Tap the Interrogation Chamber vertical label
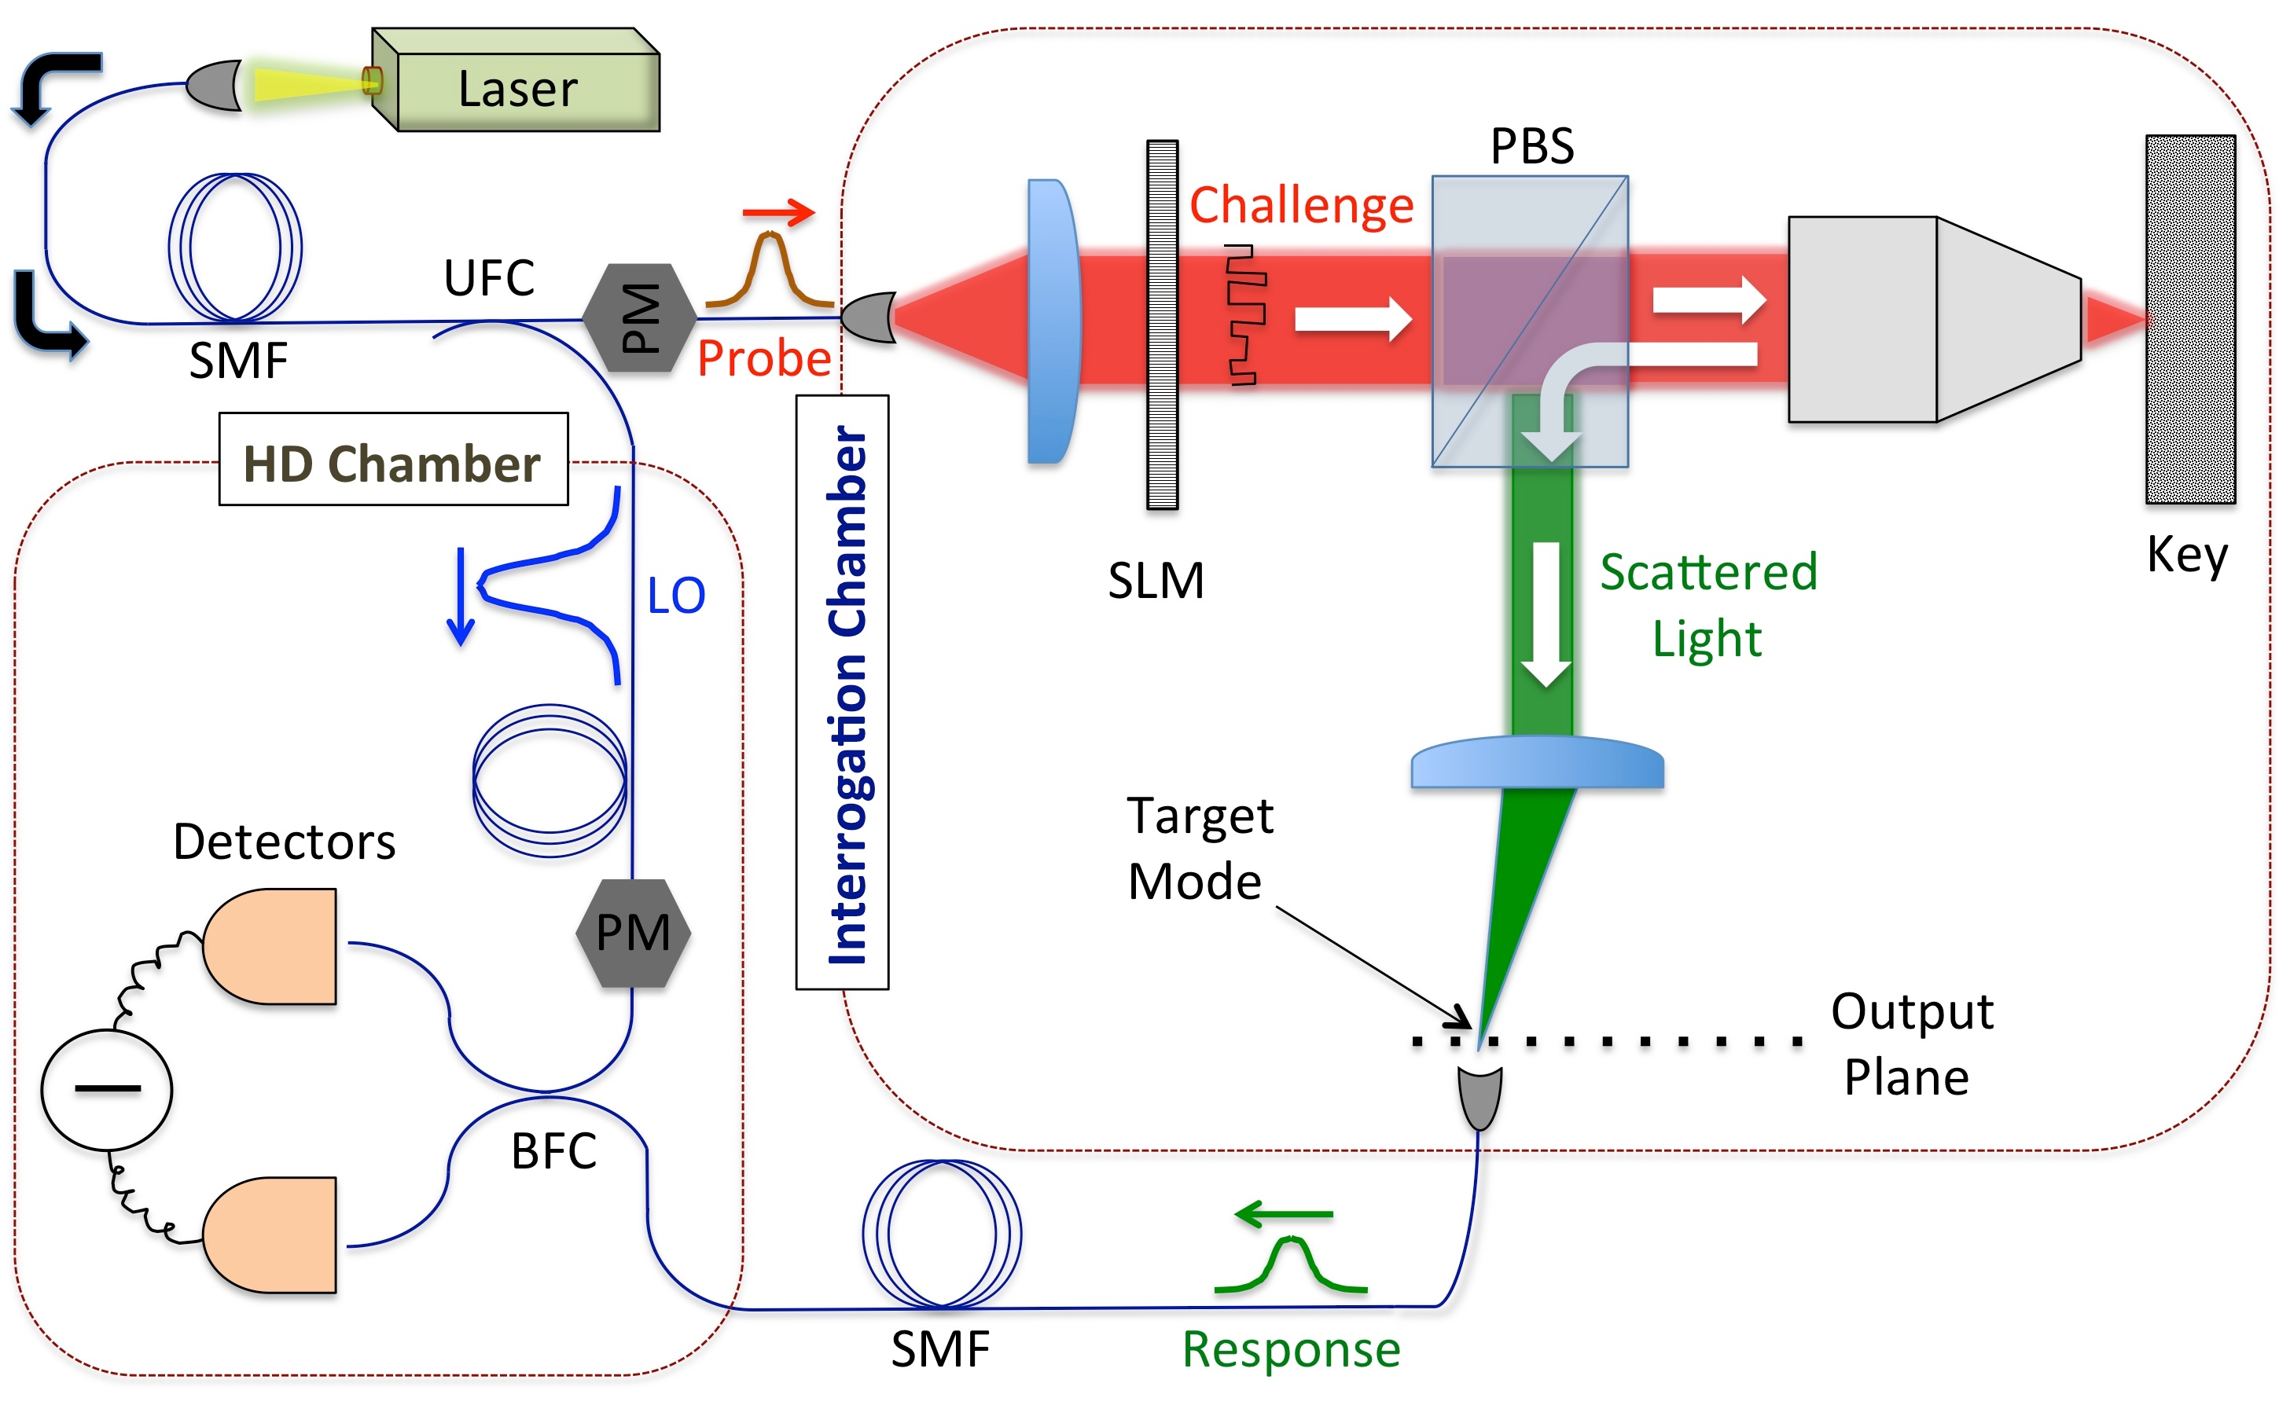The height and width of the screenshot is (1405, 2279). (x=843, y=693)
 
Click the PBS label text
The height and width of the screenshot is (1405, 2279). (x=1531, y=147)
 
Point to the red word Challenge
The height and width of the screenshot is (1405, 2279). (x=1300, y=204)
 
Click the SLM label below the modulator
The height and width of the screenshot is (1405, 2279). (x=1156, y=581)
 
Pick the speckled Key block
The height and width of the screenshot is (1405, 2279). (x=2189, y=320)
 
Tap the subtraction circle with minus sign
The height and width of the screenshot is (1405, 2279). (x=107, y=1089)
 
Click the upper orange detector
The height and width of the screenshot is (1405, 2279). (x=270, y=946)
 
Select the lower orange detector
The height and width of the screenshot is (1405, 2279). (x=270, y=1235)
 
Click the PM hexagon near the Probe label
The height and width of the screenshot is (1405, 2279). (x=639, y=317)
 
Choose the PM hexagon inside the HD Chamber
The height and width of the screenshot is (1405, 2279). (x=633, y=933)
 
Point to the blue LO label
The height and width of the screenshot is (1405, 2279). (x=676, y=596)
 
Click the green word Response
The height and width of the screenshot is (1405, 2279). (x=1290, y=1349)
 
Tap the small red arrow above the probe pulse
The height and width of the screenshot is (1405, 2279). (x=779, y=212)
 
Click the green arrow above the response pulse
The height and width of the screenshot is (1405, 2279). (x=1283, y=1213)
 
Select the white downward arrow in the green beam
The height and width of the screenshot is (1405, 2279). (x=1546, y=613)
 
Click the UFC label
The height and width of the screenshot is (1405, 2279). (x=489, y=278)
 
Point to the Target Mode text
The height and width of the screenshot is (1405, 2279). (x=1198, y=849)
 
